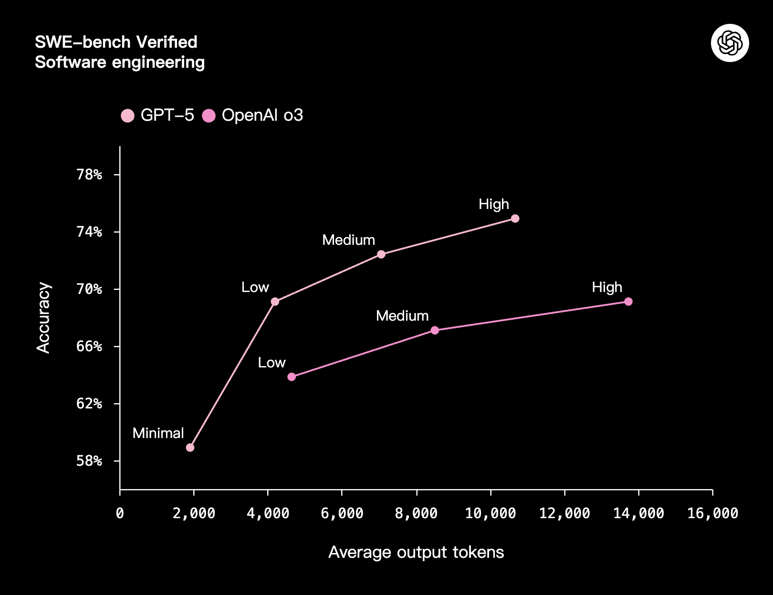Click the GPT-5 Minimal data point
[x=190, y=448]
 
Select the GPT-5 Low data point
[x=275, y=302]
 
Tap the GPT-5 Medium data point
[x=381, y=254]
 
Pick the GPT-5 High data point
[x=515, y=219]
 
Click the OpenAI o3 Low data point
[x=292, y=377]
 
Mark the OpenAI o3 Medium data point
[x=435, y=330]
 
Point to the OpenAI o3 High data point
[x=628, y=302]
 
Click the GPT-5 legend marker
[x=128, y=116]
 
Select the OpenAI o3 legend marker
[x=209, y=116]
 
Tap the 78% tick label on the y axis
[x=89, y=175]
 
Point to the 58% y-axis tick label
[x=89, y=461]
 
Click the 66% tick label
[x=89, y=346]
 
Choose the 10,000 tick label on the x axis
[x=491, y=513]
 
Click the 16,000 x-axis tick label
[x=712, y=513]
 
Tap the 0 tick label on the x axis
[x=120, y=513]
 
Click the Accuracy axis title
[x=43, y=318]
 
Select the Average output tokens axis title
[x=416, y=552]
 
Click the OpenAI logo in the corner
[x=730, y=43]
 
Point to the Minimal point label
[x=158, y=433]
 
